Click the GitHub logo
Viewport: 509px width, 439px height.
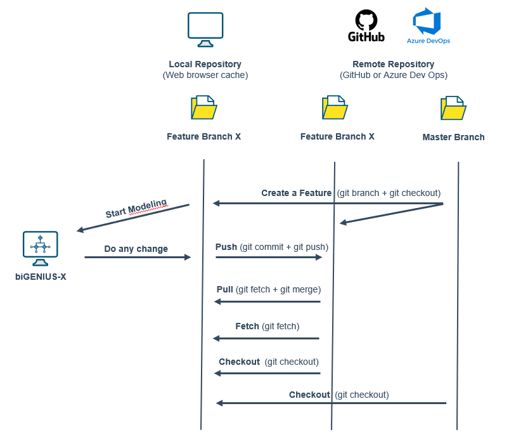pyautogui.click(x=366, y=25)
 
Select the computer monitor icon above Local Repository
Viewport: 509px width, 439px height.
pyautogui.click(x=205, y=29)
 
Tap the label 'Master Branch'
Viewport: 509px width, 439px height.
pyautogui.click(x=453, y=137)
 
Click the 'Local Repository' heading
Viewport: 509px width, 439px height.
pyautogui.click(x=205, y=64)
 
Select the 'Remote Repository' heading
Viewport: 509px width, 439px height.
pyautogui.click(x=393, y=64)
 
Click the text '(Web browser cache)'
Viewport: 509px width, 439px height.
pyautogui.click(x=205, y=75)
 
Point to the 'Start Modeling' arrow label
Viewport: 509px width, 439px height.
pyautogui.click(x=136, y=209)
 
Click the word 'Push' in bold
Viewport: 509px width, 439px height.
pyautogui.click(x=226, y=247)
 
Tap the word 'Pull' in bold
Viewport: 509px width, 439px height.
pyautogui.click(x=225, y=289)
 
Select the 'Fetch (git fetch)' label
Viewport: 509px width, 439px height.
pyautogui.click(x=267, y=326)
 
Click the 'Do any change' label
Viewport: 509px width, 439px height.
pyautogui.click(x=136, y=249)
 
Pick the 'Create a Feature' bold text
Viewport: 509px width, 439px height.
pyautogui.click(x=296, y=193)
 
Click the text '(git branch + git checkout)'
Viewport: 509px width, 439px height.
pyautogui.click(x=388, y=193)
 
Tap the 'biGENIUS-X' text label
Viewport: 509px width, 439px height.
pyautogui.click(x=41, y=277)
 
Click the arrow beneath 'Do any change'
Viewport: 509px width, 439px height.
pyautogui.click(x=138, y=258)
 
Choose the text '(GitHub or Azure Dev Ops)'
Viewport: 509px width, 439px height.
pyautogui.click(x=393, y=75)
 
